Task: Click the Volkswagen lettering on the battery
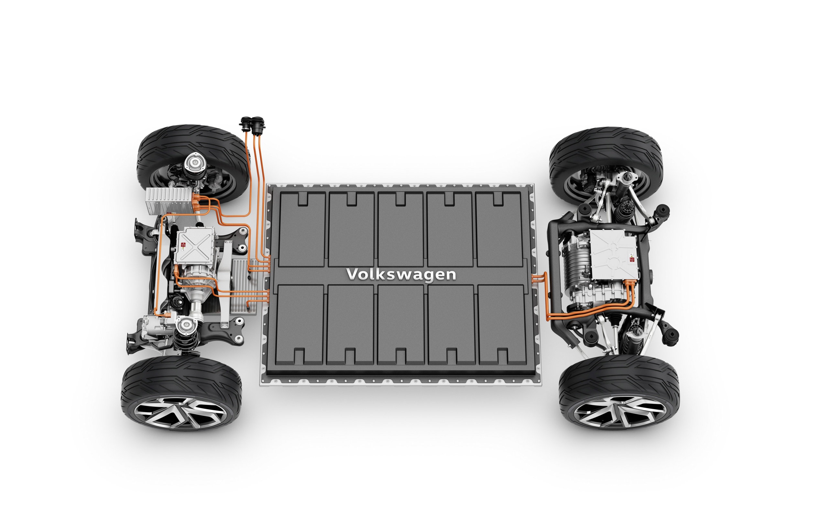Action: click(401, 275)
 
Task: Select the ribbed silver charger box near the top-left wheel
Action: click(169, 201)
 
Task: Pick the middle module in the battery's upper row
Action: click(400, 229)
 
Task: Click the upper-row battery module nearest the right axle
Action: click(498, 229)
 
